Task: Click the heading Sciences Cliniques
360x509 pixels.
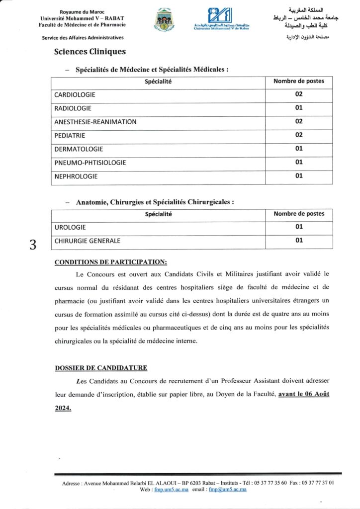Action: tap(90, 52)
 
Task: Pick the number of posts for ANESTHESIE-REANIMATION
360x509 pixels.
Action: tap(298, 121)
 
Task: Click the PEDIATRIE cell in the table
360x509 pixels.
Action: tap(70, 135)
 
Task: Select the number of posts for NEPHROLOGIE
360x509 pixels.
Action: tap(298, 175)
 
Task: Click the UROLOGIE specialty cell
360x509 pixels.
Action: tap(70, 227)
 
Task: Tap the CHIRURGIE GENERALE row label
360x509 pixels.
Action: tap(87, 241)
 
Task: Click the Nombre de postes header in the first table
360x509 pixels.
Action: tap(298, 81)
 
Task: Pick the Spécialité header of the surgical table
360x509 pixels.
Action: tap(158, 214)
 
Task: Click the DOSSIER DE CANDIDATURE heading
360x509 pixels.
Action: tap(100, 368)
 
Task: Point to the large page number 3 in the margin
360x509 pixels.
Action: tap(33, 245)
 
